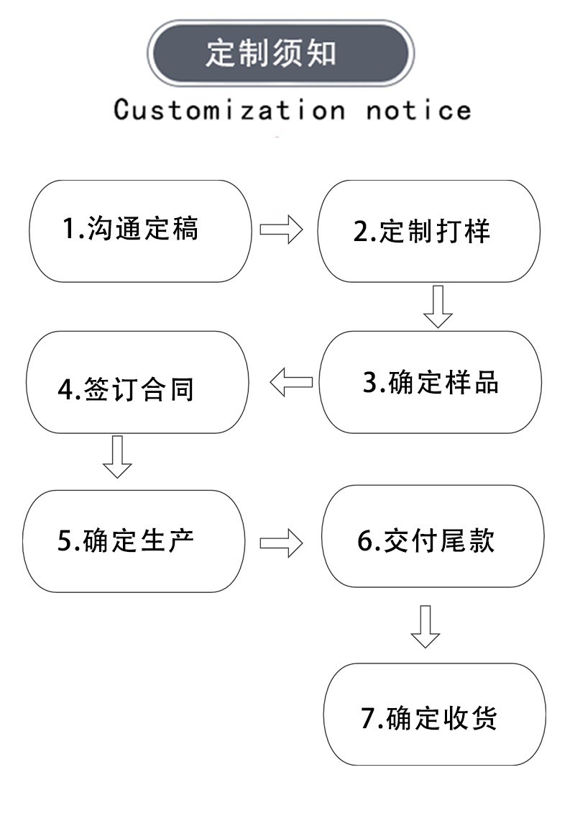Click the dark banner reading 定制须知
point(280,53)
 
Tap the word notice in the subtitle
point(418,110)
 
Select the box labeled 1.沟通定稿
point(140,230)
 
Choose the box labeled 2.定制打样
point(428,230)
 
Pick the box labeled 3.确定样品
point(430,382)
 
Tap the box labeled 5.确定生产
point(134,541)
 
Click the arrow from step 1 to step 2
point(281,230)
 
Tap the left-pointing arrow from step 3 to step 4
point(291,382)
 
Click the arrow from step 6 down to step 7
point(425,626)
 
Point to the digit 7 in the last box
point(367,718)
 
